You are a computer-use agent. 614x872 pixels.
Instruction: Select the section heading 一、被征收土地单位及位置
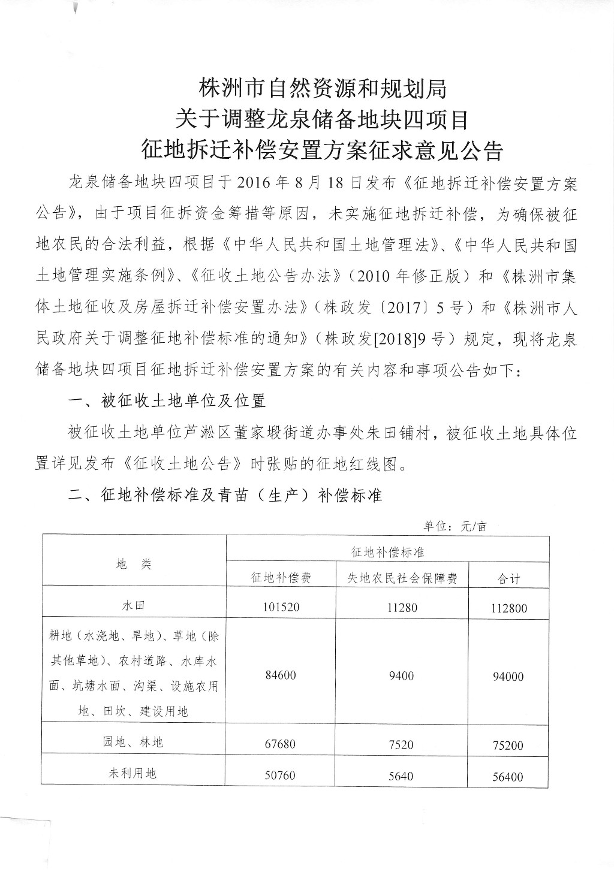click(167, 400)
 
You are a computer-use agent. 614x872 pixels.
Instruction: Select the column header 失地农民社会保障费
click(402, 577)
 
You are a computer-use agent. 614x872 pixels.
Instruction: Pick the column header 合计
click(509, 578)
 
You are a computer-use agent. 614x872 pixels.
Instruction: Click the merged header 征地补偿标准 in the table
click(387, 551)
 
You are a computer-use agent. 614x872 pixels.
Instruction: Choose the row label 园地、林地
click(133, 742)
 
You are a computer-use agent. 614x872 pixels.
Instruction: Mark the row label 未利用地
click(133, 773)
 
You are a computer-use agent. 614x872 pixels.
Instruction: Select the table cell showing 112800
click(509, 608)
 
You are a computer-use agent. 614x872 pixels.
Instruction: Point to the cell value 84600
click(280, 675)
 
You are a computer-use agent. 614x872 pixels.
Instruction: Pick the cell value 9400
click(401, 676)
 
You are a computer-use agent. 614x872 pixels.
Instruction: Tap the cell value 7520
click(401, 744)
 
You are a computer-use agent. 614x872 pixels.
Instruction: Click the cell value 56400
click(509, 777)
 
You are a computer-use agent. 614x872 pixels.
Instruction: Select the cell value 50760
click(280, 776)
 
